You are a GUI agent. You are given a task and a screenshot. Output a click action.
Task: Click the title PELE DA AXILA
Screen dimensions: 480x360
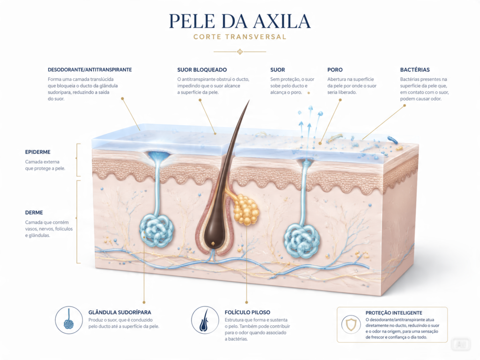tap(240, 21)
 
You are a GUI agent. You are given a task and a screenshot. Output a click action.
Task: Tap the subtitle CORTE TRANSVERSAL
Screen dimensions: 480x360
tap(240, 37)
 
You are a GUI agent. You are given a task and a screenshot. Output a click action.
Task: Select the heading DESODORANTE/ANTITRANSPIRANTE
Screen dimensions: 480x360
tap(90, 70)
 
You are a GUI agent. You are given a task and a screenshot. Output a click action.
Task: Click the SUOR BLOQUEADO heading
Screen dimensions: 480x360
tap(202, 70)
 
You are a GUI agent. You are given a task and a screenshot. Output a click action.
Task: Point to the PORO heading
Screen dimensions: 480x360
tap(335, 70)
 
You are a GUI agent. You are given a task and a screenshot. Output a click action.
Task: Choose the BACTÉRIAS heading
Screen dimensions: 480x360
tap(415, 70)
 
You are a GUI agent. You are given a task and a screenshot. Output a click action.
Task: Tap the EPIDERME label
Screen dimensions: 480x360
tap(37, 152)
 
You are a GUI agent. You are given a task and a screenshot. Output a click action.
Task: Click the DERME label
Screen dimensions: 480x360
tap(34, 212)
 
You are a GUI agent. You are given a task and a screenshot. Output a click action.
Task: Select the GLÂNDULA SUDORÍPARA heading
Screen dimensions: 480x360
tap(120, 312)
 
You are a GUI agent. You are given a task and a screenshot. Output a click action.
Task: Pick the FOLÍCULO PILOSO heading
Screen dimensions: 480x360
tap(247, 312)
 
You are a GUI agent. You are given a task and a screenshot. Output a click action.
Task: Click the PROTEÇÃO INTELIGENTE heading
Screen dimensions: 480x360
tap(394, 313)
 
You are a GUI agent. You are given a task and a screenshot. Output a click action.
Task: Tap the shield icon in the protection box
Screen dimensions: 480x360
tap(351, 324)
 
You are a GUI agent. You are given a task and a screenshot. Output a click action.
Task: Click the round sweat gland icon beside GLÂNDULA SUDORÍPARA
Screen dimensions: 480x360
tap(69, 320)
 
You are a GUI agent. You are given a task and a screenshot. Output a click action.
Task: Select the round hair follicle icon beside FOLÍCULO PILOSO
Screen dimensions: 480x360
tap(205, 320)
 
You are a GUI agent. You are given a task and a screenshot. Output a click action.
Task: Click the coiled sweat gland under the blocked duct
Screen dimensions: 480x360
tap(157, 231)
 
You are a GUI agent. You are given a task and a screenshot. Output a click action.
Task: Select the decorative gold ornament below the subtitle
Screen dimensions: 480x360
tap(240, 52)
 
